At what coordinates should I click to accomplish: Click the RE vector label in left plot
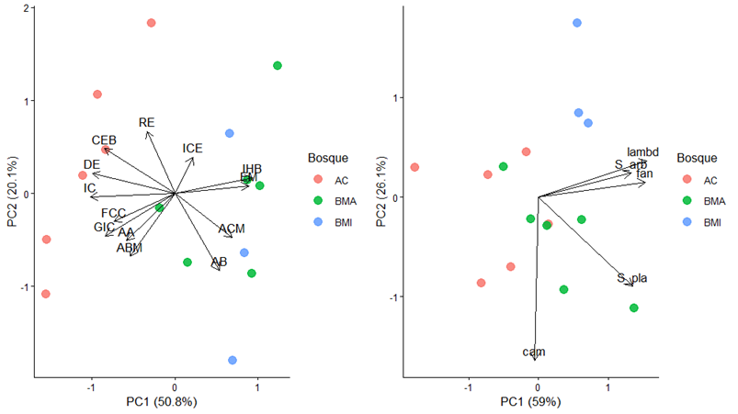tap(147, 122)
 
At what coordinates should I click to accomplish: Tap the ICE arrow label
tap(192, 148)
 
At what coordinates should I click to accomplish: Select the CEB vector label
tap(104, 140)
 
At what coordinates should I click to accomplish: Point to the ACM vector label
tap(232, 228)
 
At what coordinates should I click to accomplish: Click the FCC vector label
tap(113, 213)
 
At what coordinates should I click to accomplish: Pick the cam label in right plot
tap(534, 352)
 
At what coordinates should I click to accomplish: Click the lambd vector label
tap(643, 151)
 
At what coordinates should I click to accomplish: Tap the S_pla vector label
tap(633, 278)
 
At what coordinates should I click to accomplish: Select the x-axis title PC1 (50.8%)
tap(162, 401)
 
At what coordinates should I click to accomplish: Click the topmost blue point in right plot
tap(577, 23)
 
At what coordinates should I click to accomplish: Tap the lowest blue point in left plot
tap(233, 360)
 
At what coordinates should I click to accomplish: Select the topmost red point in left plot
tap(152, 23)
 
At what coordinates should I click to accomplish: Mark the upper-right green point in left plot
tap(278, 65)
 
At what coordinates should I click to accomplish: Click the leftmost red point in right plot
tap(414, 167)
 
